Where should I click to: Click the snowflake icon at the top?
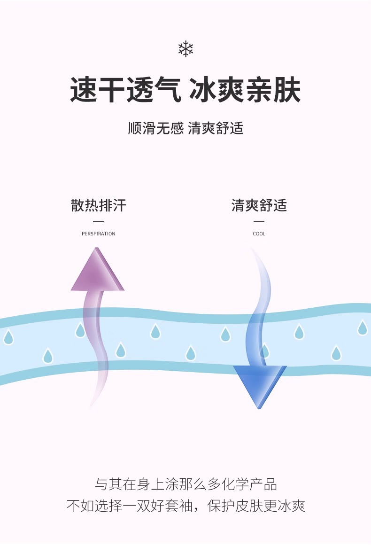(x=185, y=49)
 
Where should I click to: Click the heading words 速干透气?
(x=126, y=90)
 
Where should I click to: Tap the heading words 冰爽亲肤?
(x=245, y=90)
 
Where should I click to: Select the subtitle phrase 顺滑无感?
(x=155, y=128)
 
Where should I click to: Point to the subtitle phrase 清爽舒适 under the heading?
(x=216, y=128)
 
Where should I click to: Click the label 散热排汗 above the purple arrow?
(x=99, y=205)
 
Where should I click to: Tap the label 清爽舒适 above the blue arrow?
(x=259, y=205)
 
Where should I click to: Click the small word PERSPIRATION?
(x=98, y=234)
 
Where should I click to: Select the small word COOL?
(x=259, y=234)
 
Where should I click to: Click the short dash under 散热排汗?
(x=98, y=221)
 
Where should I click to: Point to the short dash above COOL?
(x=259, y=221)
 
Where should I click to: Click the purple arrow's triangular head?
(x=97, y=273)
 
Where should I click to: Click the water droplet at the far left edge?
(x=8, y=337)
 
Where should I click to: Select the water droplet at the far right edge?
(x=362, y=328)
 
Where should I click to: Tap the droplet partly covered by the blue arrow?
(x=265, y=351)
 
